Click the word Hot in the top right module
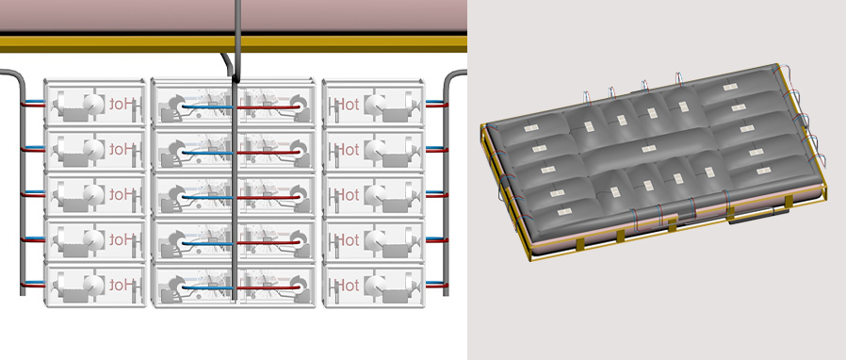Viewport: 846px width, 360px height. [x=347, y=105]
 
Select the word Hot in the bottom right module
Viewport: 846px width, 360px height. [x=347, y=285]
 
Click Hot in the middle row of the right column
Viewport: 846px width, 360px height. [x=347, y=195]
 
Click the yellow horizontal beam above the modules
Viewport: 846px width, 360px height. [x=233, y=43]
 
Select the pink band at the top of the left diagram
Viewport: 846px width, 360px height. [x=233, y=15]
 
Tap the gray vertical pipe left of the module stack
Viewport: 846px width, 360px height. [x=22, y=184]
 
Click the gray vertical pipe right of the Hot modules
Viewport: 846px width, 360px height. [x=447, y=184]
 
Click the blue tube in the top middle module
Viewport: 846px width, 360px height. [x=207, y=106]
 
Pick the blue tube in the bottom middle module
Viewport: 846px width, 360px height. [x=207, y=287]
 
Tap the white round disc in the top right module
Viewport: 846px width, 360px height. [x=374, y=105]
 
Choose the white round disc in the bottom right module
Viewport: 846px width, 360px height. [x=374, y=285]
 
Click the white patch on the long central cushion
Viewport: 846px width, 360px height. [x=649, y=148]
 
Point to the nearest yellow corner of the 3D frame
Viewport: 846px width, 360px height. [x=531, y=258]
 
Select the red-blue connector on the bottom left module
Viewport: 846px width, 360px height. [x=33, y=284]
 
